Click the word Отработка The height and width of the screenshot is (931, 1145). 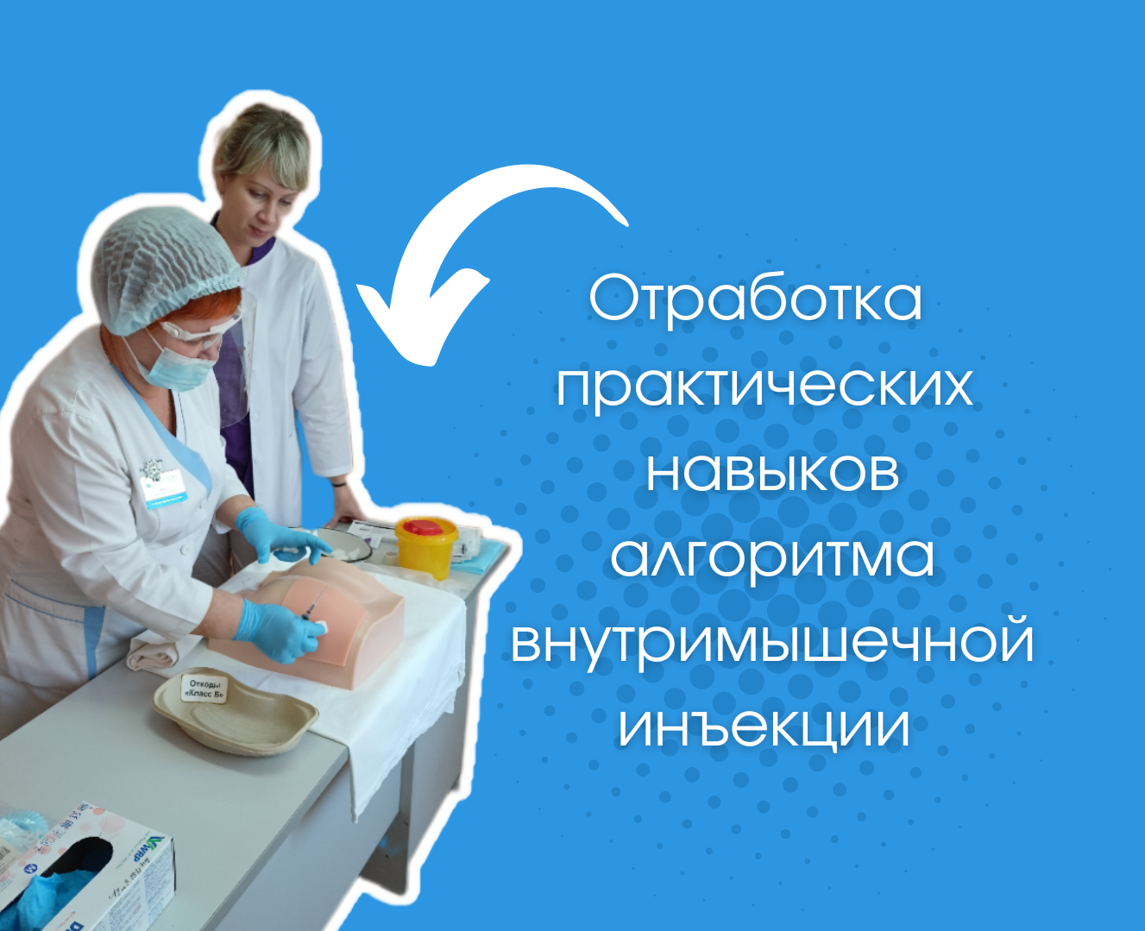coord(756,299)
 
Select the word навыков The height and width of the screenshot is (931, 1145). coord(772,471)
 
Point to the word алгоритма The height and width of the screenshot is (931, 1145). coord(772,557)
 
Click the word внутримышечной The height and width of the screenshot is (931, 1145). coord(772,642)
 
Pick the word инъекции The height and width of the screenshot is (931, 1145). coord(764,727)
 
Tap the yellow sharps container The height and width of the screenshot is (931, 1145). coord(426,552)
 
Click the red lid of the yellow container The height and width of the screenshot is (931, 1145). coord(426,526)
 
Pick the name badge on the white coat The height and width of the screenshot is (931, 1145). coord(164,488)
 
